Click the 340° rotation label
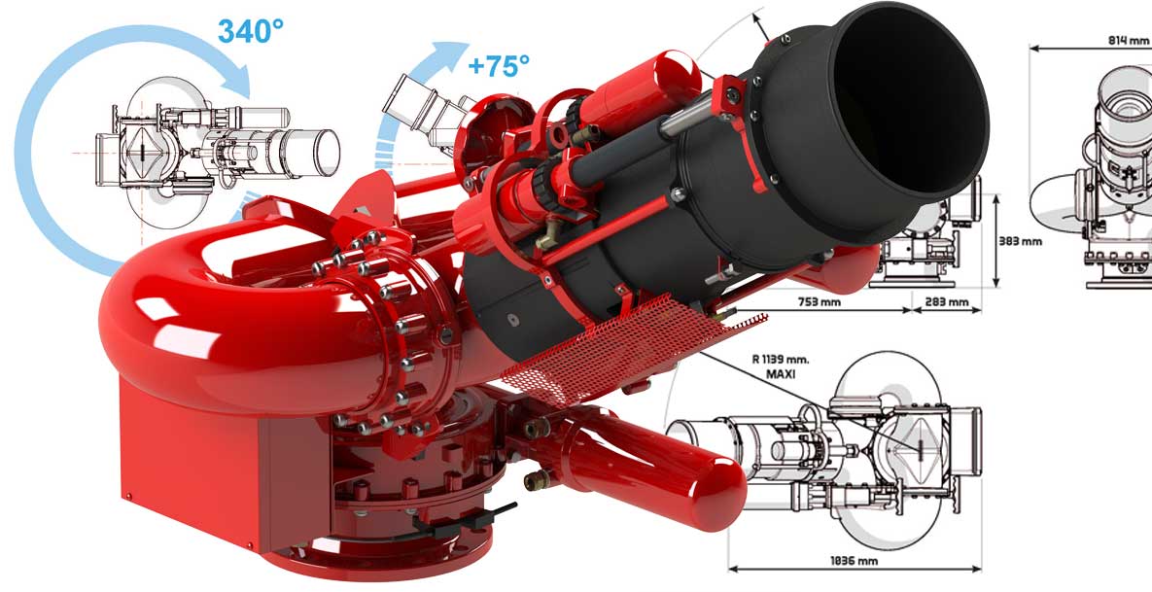click(251, 31)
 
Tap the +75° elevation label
click(499, 66)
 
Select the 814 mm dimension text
click(1128, 41)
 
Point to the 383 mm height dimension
click(1021, 241)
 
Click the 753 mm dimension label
click(820, 301)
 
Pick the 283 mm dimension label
click(947, 302)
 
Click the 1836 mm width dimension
click(855, 561)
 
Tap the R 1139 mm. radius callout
click(780, 360)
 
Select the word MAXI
click(782, 374)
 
